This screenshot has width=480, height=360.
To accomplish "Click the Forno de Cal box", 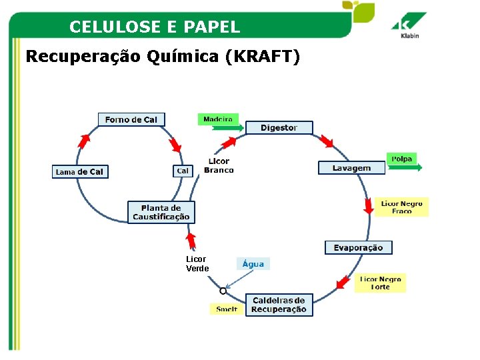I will click(x=131, y=119).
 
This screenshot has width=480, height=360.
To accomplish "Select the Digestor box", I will click(x=279, y=127).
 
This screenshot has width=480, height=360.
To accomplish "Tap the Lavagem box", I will click(x=352, y=168).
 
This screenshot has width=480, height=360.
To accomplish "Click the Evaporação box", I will click(x=359, y=247).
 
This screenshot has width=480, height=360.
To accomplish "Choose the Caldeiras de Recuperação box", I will click(x=279, y=305).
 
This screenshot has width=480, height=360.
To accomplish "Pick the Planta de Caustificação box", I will click(x=161, y=212).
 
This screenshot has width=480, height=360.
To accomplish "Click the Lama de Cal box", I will click(x=80, y=171).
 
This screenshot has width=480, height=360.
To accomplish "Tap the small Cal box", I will click(x=183, y=171).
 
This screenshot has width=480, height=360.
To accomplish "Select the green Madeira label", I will click(x=218, y=119).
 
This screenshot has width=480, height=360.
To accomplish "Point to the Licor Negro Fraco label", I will click(x=401, y=207).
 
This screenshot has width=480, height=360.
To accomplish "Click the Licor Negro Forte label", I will click(x=380, y=283).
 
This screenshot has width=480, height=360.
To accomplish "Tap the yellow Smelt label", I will click(x=227, y=309).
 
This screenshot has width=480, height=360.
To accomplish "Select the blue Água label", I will click(x=253, y=263).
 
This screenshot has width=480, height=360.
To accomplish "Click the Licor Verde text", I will click(x=197, y=264).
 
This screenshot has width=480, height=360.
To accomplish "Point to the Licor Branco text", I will click(x=219, y=165).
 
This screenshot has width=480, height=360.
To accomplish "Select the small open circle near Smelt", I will click(x=223, y=291).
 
